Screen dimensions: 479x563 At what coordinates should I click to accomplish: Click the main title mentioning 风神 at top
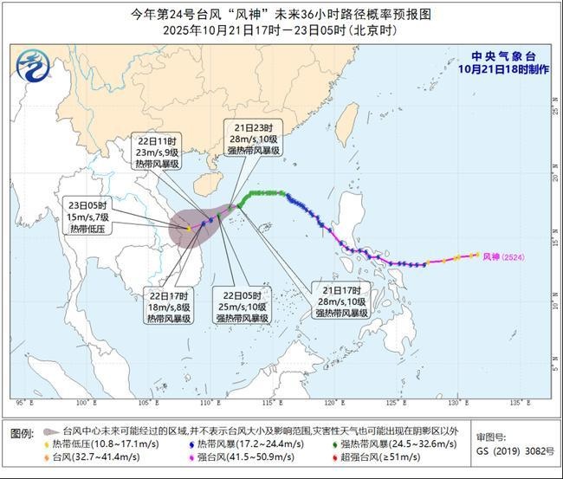[x=281, y=14]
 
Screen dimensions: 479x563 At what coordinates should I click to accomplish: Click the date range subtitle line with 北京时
[x=281, y=29]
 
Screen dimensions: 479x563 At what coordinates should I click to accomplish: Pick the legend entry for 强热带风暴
[x=407, y=443]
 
